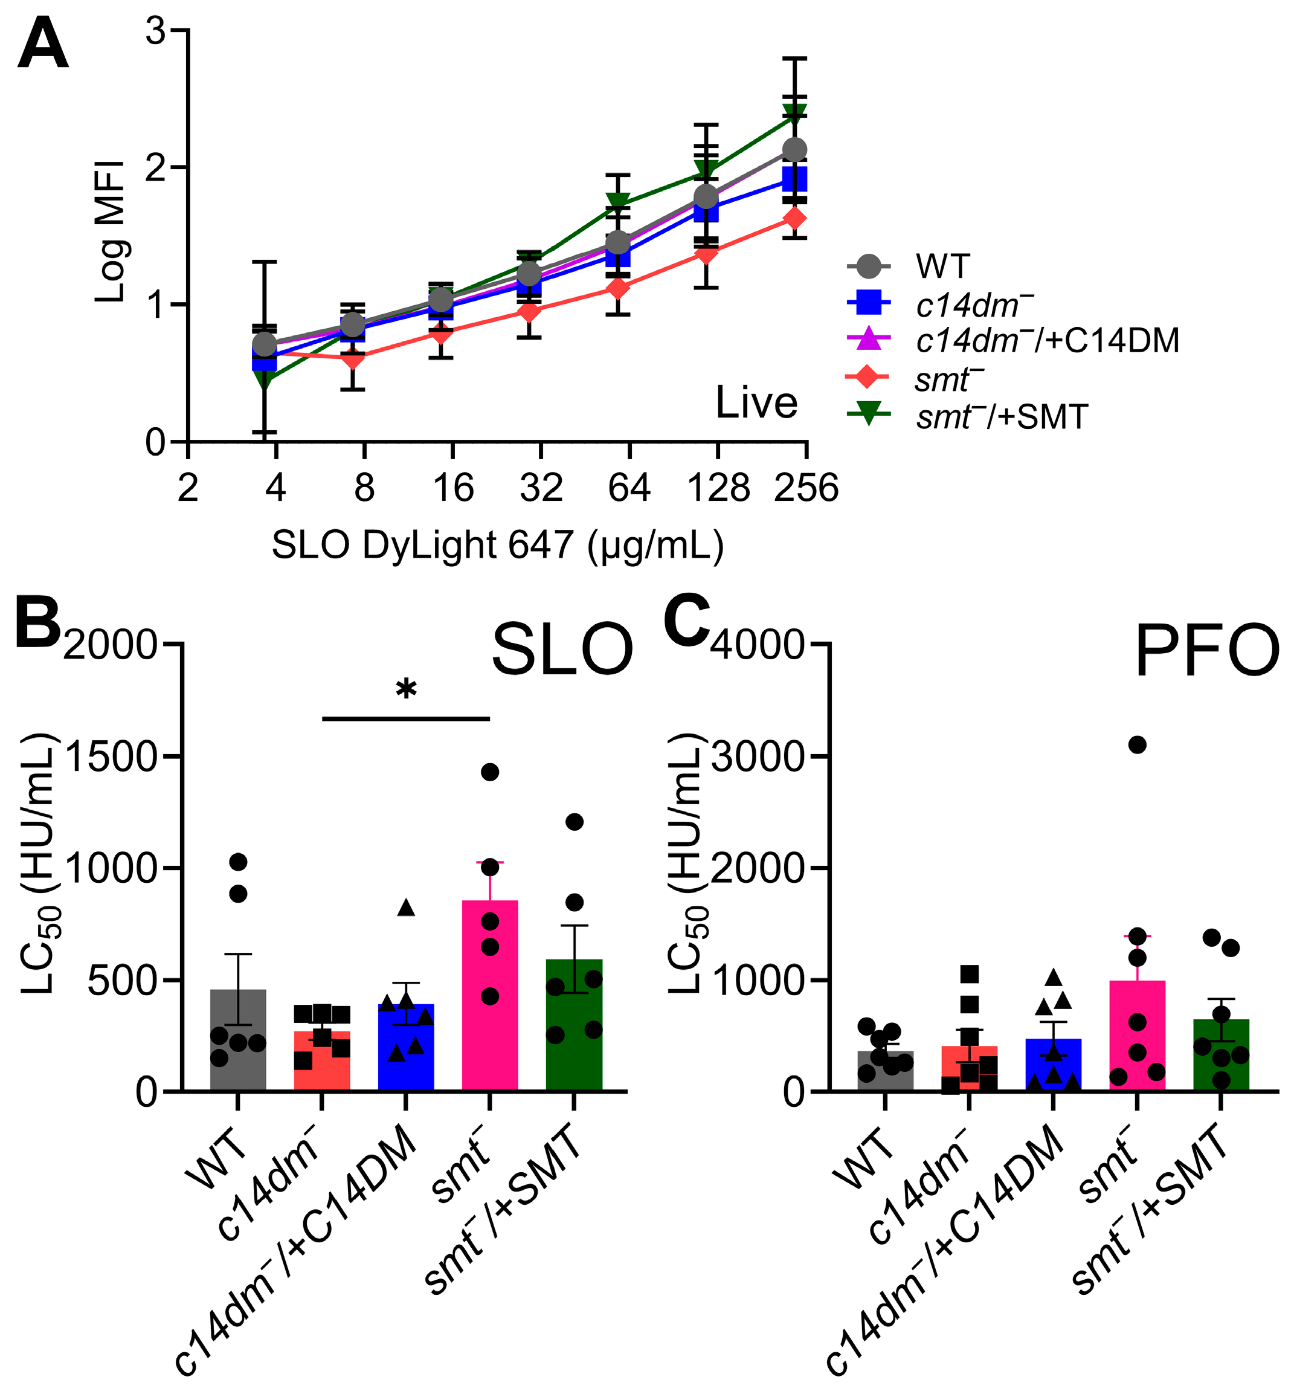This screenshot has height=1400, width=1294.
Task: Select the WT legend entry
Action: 942,267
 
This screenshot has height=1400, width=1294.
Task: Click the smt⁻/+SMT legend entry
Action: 1002,418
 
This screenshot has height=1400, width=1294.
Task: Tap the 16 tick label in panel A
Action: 453,488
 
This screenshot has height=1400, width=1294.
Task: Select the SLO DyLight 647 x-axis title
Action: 497,545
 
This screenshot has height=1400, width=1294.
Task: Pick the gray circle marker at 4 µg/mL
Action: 264,344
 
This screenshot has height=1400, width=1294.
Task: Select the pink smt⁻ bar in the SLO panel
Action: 490,1008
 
